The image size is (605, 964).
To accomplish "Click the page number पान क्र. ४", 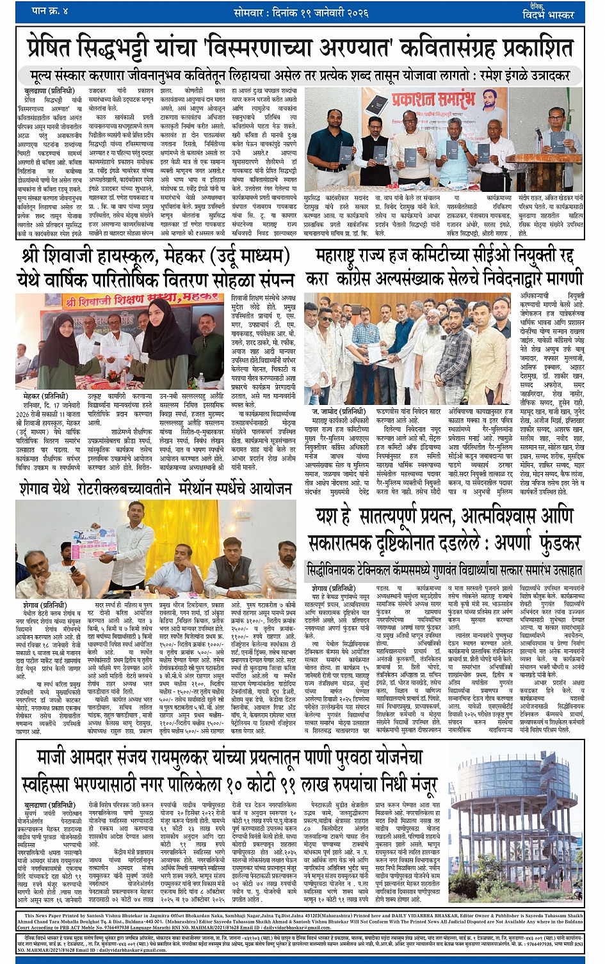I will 50,11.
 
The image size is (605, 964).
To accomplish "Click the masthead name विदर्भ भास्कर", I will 547,14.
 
